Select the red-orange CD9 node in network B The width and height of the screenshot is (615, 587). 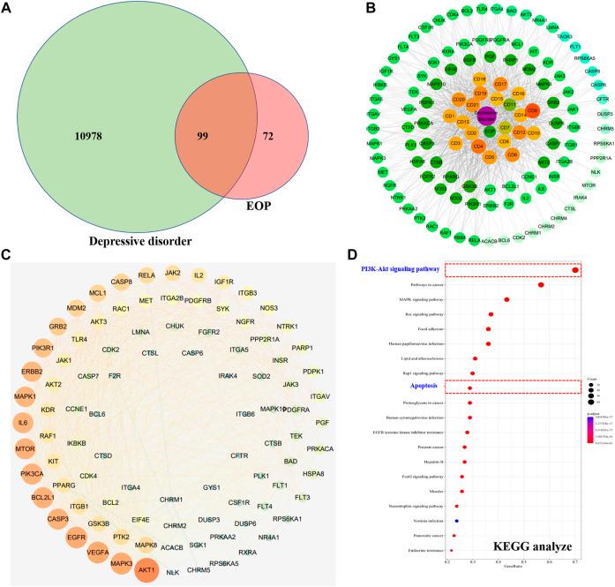532,112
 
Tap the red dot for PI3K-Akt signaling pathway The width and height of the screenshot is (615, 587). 575,270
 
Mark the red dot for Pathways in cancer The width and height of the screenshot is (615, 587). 541,285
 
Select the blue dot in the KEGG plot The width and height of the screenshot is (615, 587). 456,520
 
